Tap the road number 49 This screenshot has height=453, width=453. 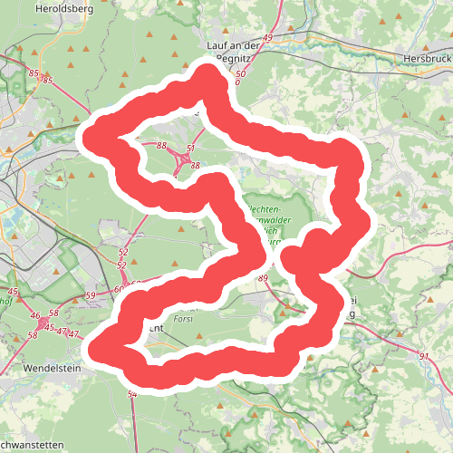point(267,38)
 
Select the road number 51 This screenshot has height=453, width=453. point(190,148)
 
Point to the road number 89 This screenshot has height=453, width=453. point(264,278)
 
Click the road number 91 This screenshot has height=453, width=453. point(424,357)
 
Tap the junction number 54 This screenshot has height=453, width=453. point(132,394)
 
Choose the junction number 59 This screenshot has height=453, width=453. point(90,296)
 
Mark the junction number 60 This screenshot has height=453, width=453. point(119,290)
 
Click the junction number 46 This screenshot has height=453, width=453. point(35,316)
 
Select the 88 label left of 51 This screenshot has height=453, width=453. point(160,146)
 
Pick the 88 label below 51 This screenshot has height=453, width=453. point(195,166)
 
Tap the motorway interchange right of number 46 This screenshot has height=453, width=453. point(43,322)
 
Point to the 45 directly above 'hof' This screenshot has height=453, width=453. point(13,292)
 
